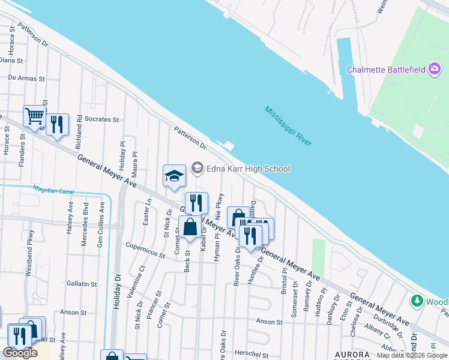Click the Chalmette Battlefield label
coord(387,70)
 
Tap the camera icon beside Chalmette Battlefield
coord(434,69)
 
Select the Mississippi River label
coord(288,126)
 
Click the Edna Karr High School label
coord(248,169)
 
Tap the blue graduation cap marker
coord(174,176)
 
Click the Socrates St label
coord(101,119)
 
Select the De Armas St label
coord(26,78)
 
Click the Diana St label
coord(11,61)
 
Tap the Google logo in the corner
coord(20,353)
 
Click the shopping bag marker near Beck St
coord(190,227)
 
